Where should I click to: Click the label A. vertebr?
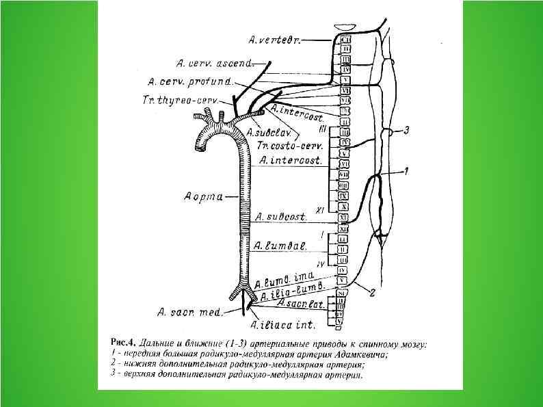[275, 40]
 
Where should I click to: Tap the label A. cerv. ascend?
[214, 63]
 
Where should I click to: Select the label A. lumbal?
[274, 245]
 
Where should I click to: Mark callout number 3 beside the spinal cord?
[406, 129]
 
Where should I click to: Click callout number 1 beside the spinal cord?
[406, 171]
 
